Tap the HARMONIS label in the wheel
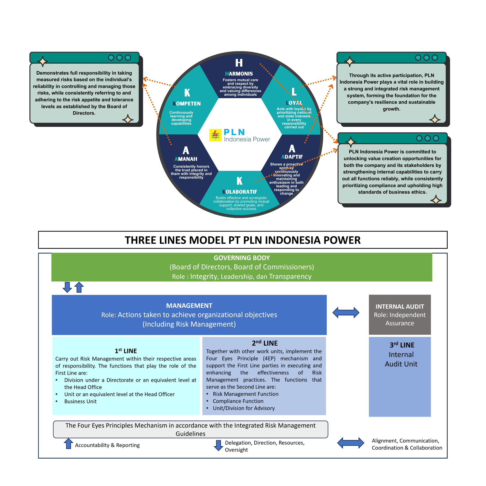(239, 74)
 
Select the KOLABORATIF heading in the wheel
(240, 192)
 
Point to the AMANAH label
(186, 159)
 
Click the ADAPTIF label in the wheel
(292, 157)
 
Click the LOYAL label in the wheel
(294, 103)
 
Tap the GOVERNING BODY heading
(242, 258)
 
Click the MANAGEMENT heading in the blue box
(189, 305)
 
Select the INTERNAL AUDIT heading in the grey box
(399, 306)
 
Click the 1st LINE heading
(126, 351)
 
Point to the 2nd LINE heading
(265, 343)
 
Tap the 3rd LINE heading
(402, 345)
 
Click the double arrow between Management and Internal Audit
(346, 312)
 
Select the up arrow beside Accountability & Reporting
(68, 443)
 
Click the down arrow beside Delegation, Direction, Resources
(218, 445)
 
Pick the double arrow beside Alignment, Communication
(350, 443)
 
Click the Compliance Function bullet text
(238, 401)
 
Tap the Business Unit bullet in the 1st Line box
(80, 401)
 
